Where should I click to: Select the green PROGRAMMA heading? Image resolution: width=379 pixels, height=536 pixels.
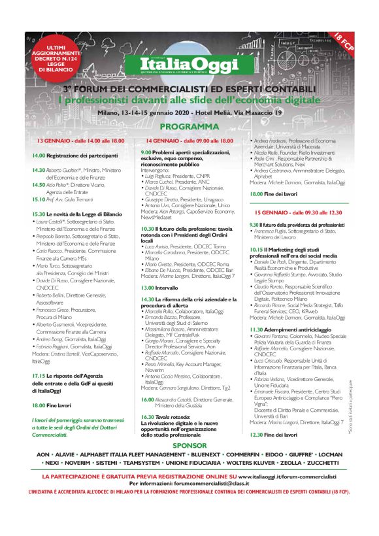(x=189, y=126)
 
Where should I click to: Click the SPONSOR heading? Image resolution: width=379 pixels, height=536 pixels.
(x=189, y=445)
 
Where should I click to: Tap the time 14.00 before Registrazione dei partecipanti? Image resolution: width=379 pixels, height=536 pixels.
(x=39, y=156)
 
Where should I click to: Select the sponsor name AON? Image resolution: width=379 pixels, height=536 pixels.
(x=43, y=453)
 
